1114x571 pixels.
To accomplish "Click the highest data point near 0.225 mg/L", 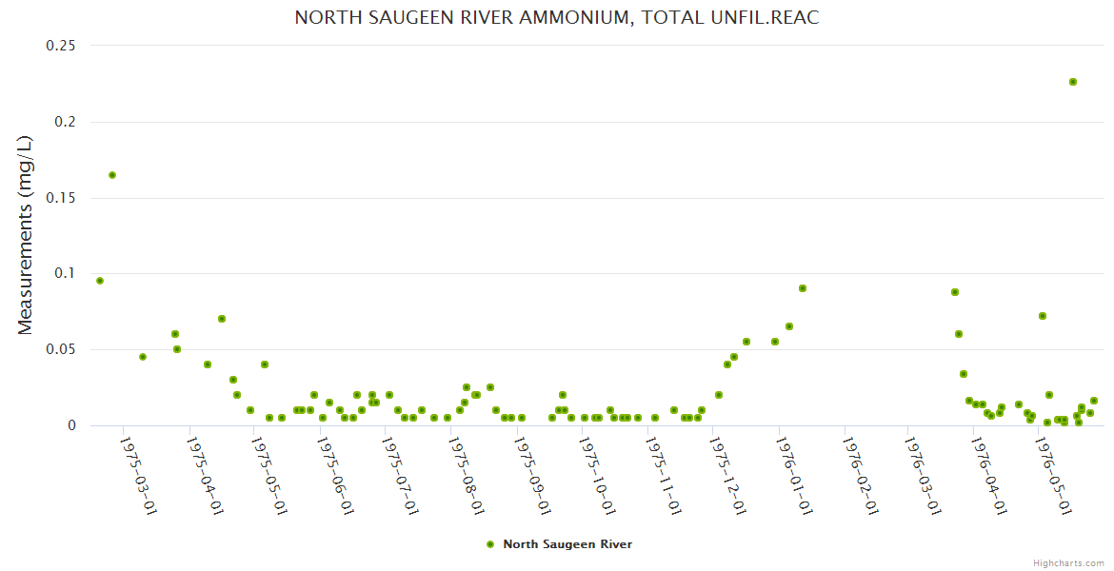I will click(x=1073, y=82).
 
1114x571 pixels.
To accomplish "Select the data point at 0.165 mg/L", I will click(x=112, y=175).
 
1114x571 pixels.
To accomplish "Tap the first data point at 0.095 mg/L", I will click(x=100, y=281).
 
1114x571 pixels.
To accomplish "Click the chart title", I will click(x=557, y=18).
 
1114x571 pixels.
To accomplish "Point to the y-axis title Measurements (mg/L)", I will click(x=26, y=235).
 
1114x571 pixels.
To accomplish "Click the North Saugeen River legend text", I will click(x=567, y=544).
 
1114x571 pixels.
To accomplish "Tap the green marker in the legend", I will click(x=490, y=544).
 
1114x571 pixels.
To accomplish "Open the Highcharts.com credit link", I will click(x=1068, y=562).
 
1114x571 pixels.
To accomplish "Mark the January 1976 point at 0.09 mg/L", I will click(x=803, y=288).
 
